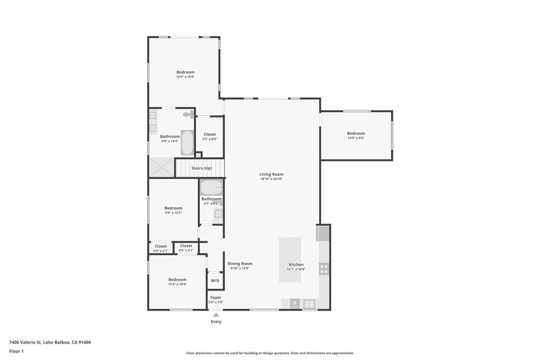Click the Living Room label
(x=272, y=174)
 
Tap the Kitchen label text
(x=296, y=265)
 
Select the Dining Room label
(x=239, y=264)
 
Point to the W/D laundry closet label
(x=215, y=281)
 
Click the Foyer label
(x=216, y=298)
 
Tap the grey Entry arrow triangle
(x=216, y=315)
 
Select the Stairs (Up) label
(x=201, y=168)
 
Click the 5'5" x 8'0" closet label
(x=209, y=134)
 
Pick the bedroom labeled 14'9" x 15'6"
(x=185, y=72)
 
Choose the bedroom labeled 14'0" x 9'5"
(x=356, y=133)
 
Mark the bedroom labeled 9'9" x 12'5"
(x=173, y=208)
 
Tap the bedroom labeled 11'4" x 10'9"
(x=177, y=280)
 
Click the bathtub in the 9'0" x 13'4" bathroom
(x=187, y=142)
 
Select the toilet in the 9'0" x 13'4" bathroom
(x=188, y=114)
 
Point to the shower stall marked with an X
(x=161, y=167)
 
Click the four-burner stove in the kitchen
(x=324, y=269)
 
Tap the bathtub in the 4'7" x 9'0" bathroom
(x=211, y=188)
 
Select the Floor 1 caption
(x=16, y=351)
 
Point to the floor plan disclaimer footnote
(x=269, y=353)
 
